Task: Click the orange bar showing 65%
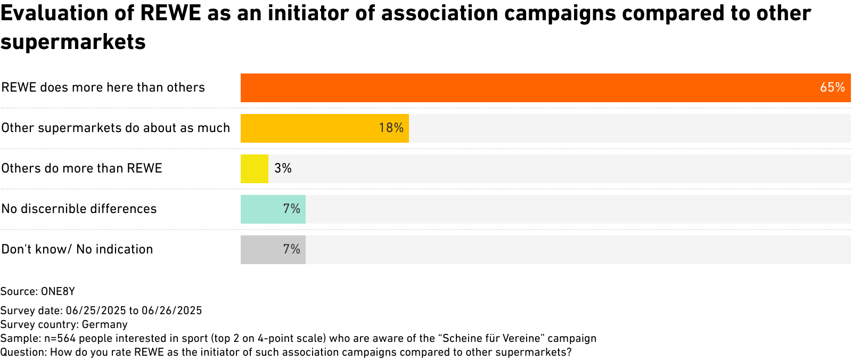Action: [x=532, y=88]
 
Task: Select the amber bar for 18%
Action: [x=309, y=128]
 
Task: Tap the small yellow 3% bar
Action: [x=254, y=169]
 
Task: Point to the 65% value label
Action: [x=832, y=87]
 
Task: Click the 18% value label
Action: [x=391, y=128]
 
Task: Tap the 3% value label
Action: [x=283, y=168]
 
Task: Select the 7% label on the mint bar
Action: [x=292, y=209]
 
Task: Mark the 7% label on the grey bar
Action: [x=292, y=249]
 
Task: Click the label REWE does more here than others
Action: [x=103, y=87]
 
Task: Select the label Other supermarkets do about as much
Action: [x=116, y=128]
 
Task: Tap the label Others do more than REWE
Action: [x=81, y=168]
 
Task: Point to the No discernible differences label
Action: [x=79, y=209]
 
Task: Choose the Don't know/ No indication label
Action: [x=77, y=249]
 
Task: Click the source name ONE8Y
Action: [x=58, y=291]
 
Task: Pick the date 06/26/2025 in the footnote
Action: [x=171, y=310]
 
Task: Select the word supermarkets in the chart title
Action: [x=73, y=42]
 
